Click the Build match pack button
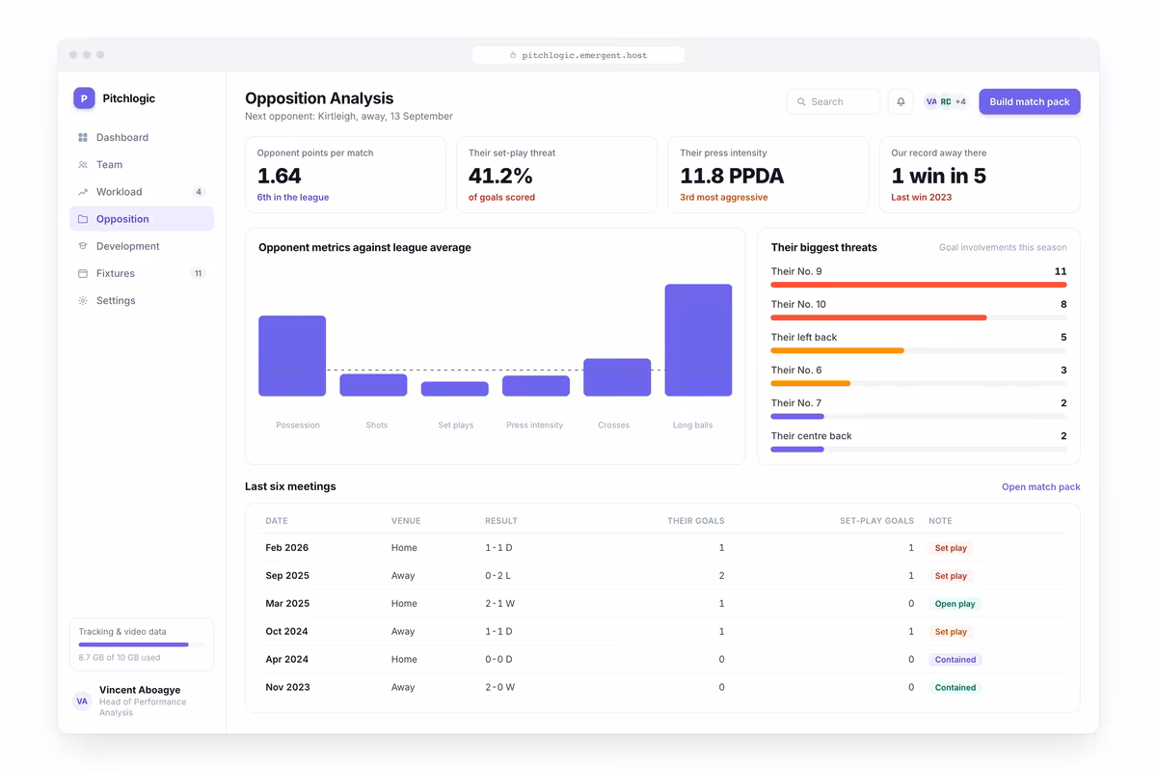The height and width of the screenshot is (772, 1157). pos(1029,102)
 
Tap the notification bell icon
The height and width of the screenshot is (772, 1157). pos(901,102)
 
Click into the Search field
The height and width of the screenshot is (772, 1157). pos(833,102)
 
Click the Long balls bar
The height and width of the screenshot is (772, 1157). pos(698,340)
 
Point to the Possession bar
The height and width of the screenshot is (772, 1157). pos(292,356)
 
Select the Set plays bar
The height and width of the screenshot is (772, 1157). pos(454,389)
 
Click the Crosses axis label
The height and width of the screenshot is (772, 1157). pos(613,425)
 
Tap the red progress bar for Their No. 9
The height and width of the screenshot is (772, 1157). pos(918,285)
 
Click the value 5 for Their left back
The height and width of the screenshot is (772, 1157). pos(1063,337)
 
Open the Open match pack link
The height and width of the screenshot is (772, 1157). pos(1040,486)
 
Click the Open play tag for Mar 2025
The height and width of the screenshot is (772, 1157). pos(955,603)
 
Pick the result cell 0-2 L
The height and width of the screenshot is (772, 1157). pos(498,575)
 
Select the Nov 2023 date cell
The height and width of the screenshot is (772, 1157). pos(287,687)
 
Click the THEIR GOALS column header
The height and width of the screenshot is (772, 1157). pos(695,521)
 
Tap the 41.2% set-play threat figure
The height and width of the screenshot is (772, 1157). pos(500,176)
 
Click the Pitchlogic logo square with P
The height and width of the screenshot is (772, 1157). pos(84,98)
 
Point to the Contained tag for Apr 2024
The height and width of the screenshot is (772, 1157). pos(955,659)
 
